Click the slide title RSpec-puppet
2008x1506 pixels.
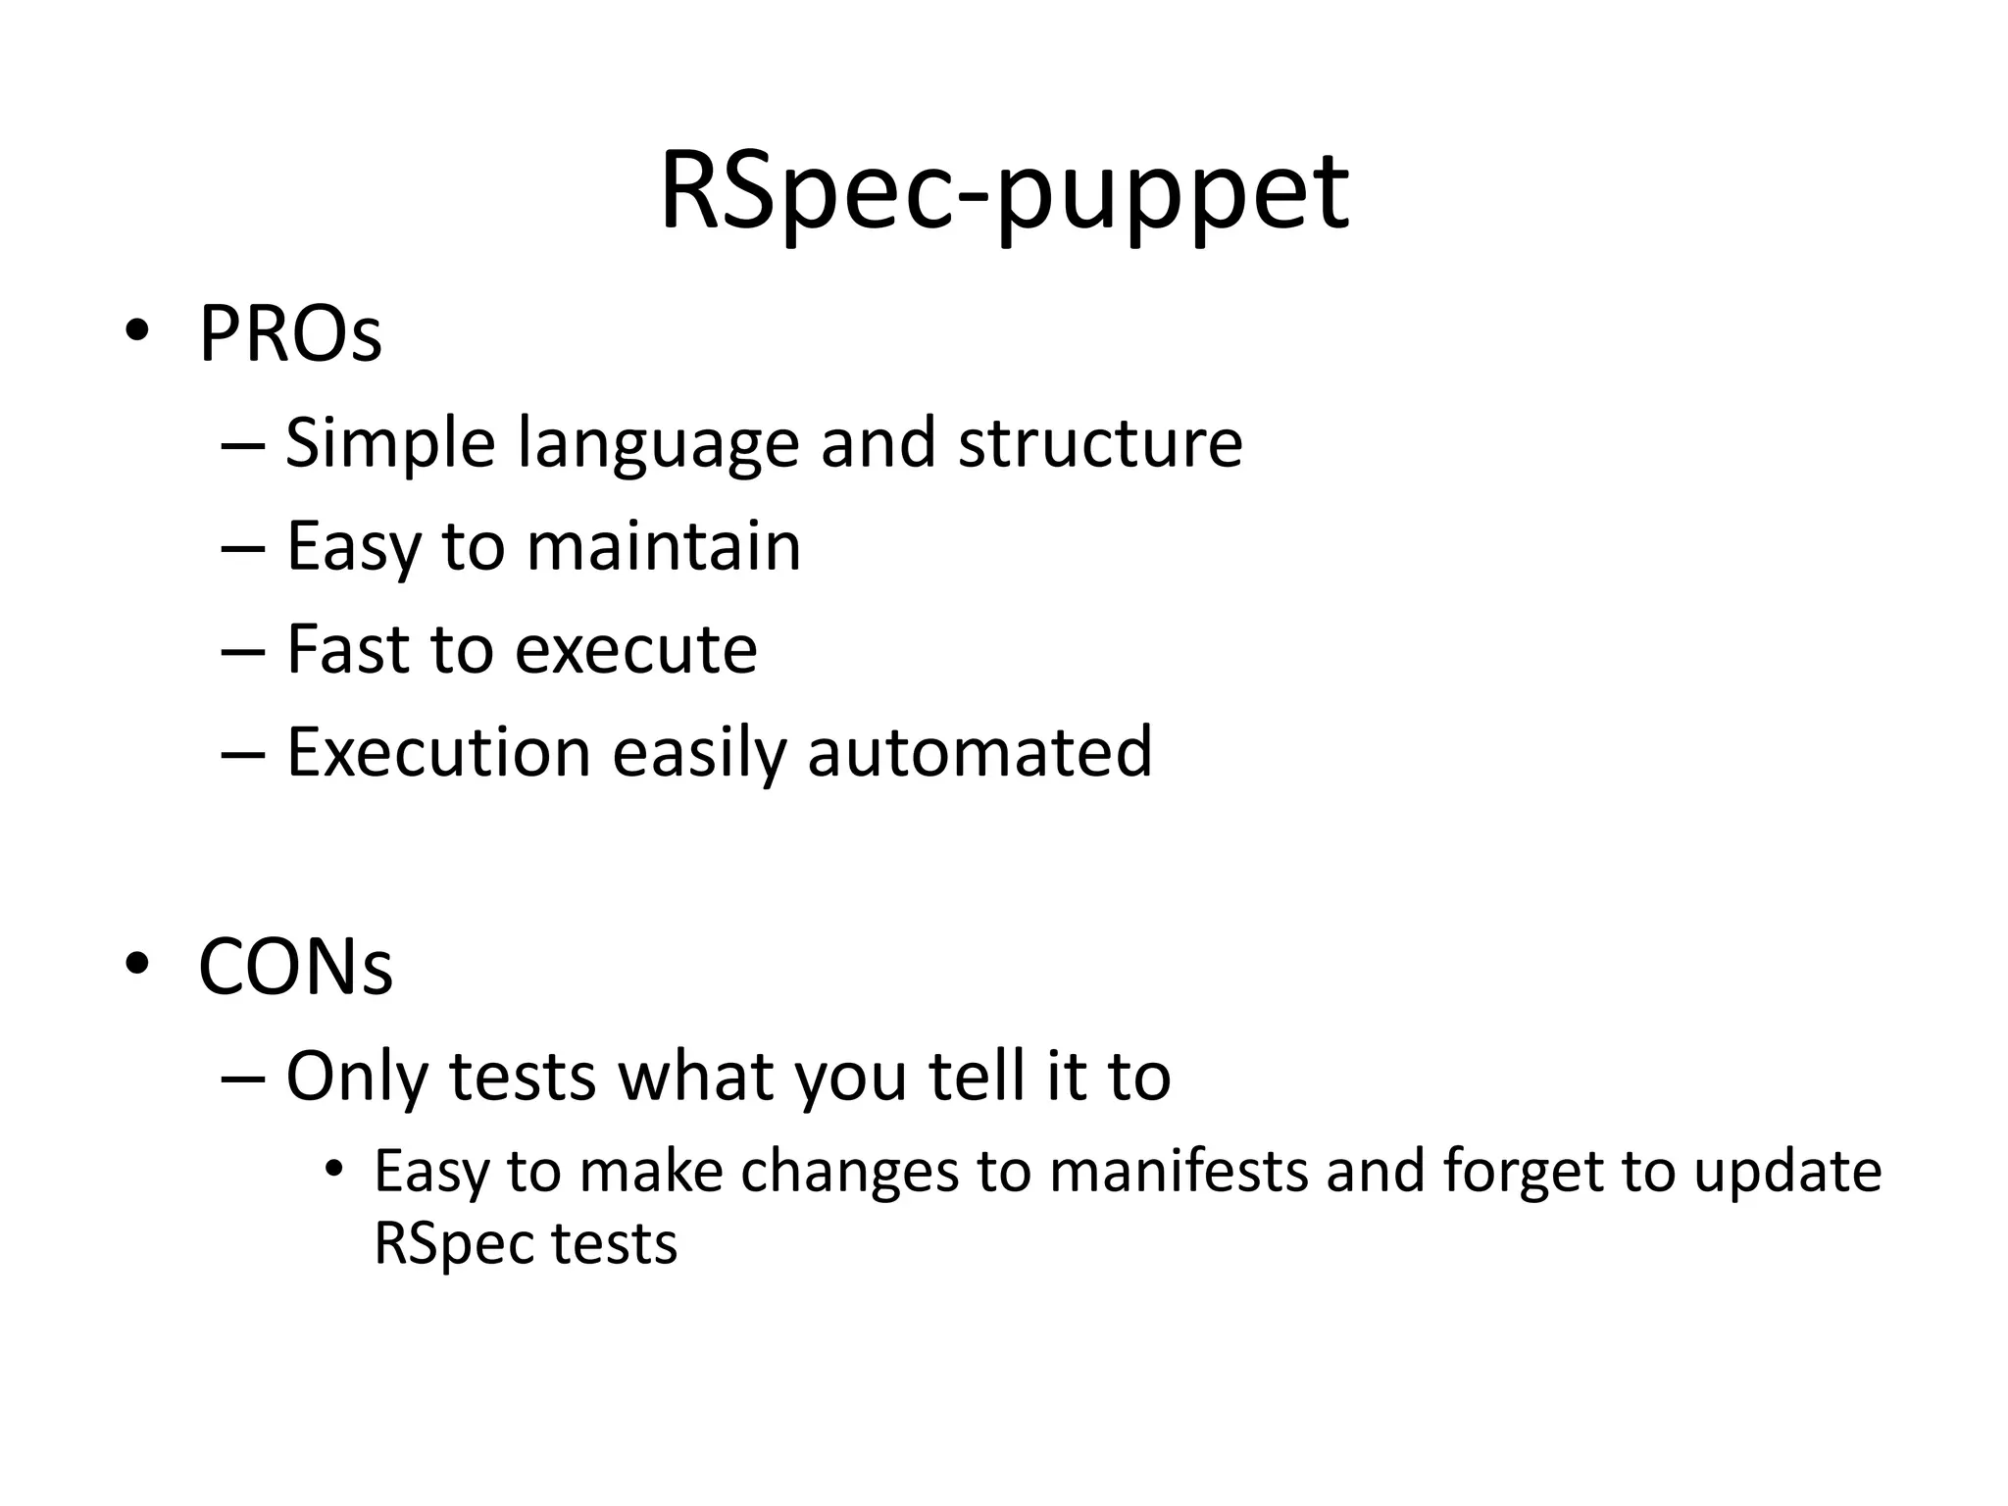(x=1004, y=192)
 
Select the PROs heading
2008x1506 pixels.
(x=290, y=335)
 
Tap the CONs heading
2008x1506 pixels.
(x=295, y=968)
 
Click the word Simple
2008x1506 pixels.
(x=390, y=443)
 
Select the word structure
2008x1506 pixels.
(x=1100, y=443)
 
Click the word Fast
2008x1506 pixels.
(x=348, y=649)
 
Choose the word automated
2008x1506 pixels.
(x=979, y=752)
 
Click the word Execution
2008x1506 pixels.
(x=438, y=752)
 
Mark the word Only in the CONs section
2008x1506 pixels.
(x=357, y=1077)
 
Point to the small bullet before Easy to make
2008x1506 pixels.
(x=335, y=1169)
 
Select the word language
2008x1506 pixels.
(x=658, y=443)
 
